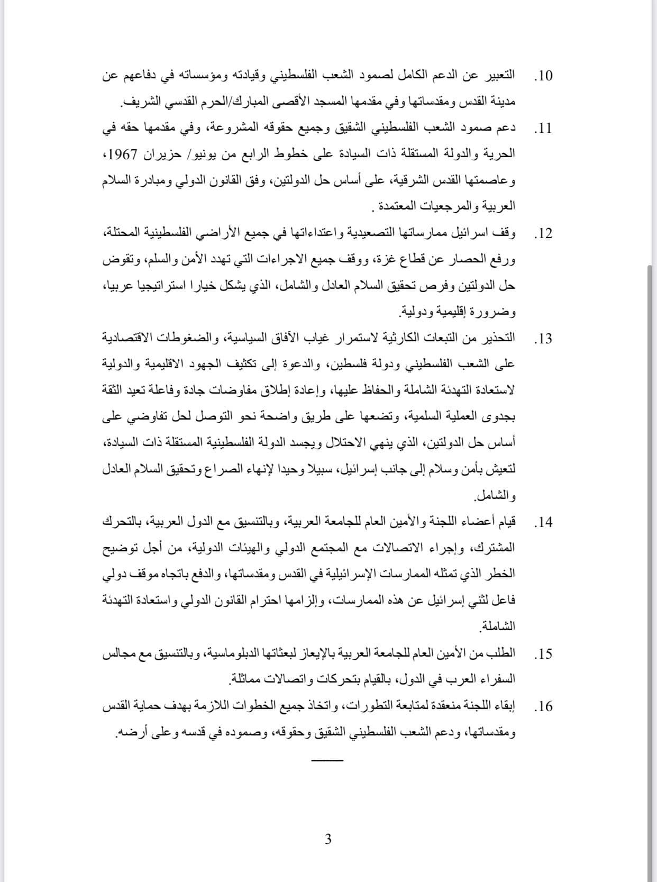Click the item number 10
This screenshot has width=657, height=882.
[x=543, y=76]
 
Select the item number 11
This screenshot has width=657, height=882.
[x=543, y=129]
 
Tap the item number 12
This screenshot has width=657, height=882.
[x=543, y=234]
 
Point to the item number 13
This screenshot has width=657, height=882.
[x=543, y=339]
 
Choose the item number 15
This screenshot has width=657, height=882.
[x=543, y=654]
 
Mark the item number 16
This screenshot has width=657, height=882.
[x=543, y=707]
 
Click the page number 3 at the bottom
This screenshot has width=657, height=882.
[x=328, y=839]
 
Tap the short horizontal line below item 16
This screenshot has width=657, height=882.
[x=327, y=760]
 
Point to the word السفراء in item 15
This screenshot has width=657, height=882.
[x=496, y=680]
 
